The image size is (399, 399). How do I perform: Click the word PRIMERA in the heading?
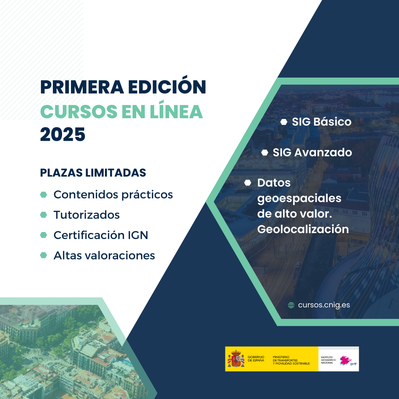(x=82, y=87)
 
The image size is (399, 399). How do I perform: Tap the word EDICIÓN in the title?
(x=167, y=85)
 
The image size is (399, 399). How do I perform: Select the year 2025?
(x=62, y=134)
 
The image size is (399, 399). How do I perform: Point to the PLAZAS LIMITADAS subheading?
(x=93, y=173)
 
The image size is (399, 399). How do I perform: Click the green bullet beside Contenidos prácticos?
(x=44, y=195)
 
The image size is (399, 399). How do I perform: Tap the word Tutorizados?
(x=86, y=215)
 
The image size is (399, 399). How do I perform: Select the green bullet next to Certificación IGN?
(x=44, y=235)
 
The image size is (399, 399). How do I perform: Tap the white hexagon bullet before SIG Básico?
(x=284, y=122)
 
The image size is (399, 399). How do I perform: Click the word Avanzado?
(x=323, y=153)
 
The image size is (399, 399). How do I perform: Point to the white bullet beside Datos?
(x=248, y=183)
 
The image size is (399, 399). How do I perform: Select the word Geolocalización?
(x=303, y=229)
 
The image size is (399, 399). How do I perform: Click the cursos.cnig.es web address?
(x=324, y=305)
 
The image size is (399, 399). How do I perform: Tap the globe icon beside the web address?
(x=291, y=305)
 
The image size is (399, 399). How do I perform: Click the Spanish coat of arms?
(x=236, y=358)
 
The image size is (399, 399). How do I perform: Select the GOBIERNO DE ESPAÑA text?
(x=256, y=359)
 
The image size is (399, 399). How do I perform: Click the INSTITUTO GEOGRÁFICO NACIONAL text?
(x=328, y=360)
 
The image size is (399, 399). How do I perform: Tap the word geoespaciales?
(x=299, y=198)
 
